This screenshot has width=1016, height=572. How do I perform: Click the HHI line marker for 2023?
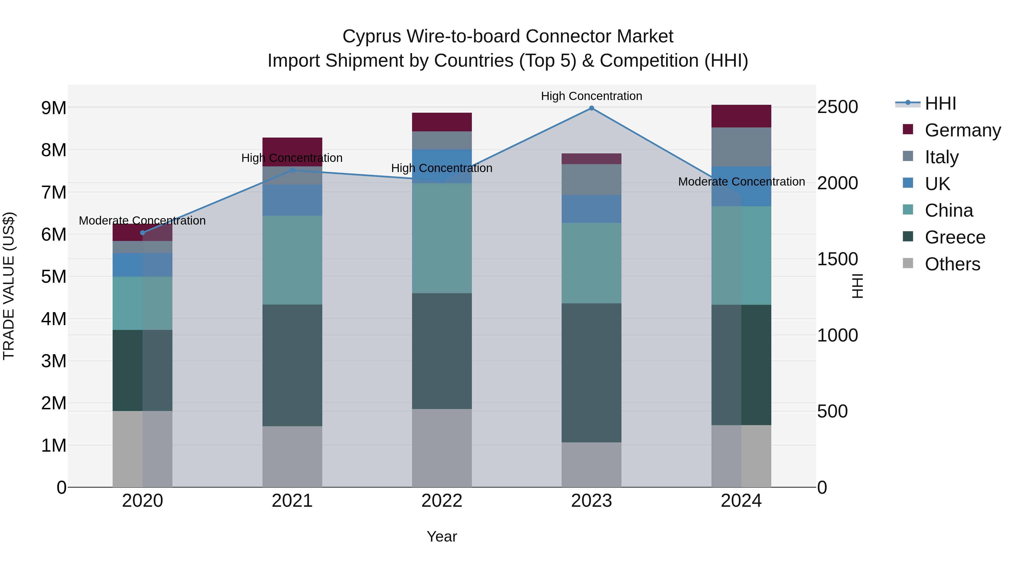(x=591, y=108)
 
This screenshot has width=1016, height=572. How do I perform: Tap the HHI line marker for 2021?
(x=292, y=171)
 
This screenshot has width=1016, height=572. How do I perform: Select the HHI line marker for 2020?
(x=143, y=233)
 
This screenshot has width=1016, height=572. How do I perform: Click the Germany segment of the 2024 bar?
(x=741, y=116)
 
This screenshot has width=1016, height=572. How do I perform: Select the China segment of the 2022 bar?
(x=442, y=238)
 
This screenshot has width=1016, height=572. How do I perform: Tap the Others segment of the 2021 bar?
(x=292, y=456)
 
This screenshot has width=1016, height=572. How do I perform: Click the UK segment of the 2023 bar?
(x=591, y=209)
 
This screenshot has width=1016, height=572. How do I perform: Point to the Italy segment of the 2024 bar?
(x=741, y=147)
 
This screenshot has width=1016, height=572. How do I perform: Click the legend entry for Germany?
(x=962, y=130)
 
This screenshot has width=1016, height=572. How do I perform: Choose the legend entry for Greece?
(x=954, y=237)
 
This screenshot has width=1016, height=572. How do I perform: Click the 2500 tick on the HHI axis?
(x=837, y=107)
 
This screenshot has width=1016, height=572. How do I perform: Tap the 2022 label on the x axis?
(x=442, y=501)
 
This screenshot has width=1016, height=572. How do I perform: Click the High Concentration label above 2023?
(x=591, y=96)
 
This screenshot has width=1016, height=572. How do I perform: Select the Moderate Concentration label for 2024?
(x=741, y=182)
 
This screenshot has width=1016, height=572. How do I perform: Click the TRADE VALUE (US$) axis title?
(x=9, y=286)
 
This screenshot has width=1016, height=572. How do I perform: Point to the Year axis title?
(x=442, y=536)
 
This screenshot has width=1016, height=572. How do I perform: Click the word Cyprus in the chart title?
(x=371, y=36)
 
